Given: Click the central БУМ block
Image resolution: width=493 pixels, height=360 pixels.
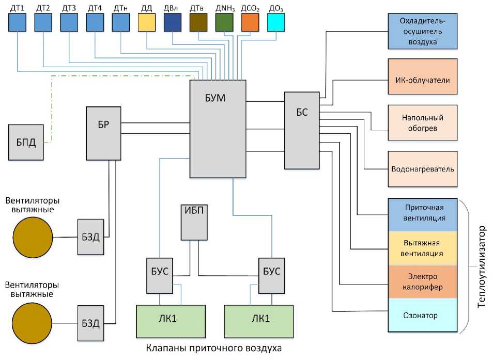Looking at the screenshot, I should tap(217, 129).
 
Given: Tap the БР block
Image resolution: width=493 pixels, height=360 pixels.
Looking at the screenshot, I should tap(103, 133).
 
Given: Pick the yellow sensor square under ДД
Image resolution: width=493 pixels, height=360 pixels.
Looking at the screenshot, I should tap(147, 23).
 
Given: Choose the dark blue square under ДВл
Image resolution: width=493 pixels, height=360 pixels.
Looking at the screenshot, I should tap(173, 23).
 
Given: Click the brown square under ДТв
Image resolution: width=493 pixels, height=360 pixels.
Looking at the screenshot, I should tap(198, 23).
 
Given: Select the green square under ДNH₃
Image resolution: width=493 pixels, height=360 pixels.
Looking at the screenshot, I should tap(224, 23).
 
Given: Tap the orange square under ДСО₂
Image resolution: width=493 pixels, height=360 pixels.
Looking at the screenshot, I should tap(250, 23).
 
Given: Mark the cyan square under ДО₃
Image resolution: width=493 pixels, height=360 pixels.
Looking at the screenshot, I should tap(276, 23).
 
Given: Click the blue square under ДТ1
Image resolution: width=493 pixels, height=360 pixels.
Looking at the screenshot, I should tap(18, 23).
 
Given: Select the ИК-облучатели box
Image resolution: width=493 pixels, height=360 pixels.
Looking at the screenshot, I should tap(423, 81).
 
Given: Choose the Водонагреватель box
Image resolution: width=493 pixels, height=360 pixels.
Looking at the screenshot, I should tap(423, 169).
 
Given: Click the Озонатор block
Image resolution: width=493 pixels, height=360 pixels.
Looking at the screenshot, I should tap(423, 315).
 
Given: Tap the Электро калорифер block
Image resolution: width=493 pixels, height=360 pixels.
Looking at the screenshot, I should tap(423, 282).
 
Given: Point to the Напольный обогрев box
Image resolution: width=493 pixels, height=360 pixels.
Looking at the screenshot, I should tap(423, 123).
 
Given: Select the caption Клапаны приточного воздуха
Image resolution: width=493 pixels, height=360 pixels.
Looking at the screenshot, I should tap(214, 349).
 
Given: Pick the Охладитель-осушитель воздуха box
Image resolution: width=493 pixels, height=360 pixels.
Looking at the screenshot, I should tap(423, 32).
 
